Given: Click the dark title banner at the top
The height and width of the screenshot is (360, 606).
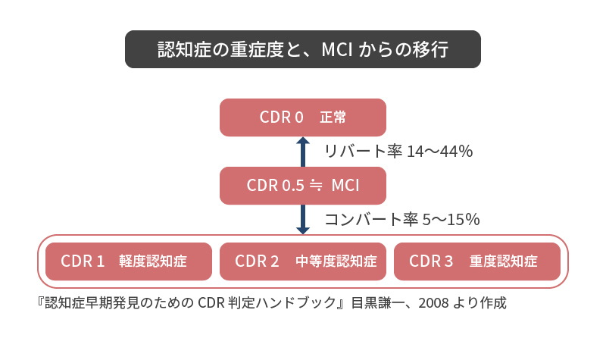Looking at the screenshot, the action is (302, 49).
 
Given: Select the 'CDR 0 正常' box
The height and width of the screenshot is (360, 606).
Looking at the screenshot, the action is (302, 117).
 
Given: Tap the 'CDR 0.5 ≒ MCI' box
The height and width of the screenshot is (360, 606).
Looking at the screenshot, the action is (302, 186).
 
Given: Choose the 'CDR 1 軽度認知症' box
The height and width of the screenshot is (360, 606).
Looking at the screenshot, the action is (129, 261).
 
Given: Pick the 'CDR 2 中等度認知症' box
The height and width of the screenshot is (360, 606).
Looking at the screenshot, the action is (302, 261).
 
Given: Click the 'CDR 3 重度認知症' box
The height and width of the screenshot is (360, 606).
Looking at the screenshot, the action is (477, 261).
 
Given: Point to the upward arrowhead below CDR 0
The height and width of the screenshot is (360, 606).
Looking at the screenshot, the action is (302, 141).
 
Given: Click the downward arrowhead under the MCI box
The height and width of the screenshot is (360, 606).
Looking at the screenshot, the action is (302, 230).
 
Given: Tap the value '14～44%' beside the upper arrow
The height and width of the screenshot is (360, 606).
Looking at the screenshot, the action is (440, 151).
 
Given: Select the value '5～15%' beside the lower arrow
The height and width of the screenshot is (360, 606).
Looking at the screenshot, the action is (451, 219).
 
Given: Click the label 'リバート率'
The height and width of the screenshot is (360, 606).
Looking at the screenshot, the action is (363, 151).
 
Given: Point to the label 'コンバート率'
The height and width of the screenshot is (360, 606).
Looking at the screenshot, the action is (371, 219).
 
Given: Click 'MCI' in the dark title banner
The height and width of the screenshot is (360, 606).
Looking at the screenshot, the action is (337, 49).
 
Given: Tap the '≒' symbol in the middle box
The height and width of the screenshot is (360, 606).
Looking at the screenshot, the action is (316, 186).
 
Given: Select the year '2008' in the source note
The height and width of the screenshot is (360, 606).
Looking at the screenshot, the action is (433, 302).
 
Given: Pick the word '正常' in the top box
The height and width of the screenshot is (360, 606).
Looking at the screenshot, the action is (333, 117).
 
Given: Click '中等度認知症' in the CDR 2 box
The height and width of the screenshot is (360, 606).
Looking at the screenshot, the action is (336, 261).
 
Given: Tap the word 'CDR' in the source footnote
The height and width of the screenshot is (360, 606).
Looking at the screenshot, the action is (211, 302).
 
